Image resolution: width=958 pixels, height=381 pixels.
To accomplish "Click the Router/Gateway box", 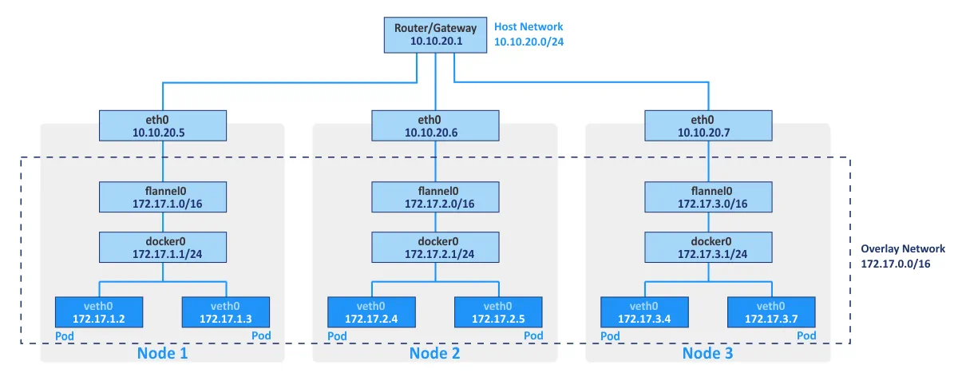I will point(435,34).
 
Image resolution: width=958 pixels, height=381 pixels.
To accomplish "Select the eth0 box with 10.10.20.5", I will point(163,125).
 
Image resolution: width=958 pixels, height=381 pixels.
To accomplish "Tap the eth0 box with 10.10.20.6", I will point(435,125).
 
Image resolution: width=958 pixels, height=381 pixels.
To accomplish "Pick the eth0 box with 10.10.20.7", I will point(708,125).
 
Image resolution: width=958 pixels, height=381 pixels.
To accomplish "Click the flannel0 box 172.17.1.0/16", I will point(163,197).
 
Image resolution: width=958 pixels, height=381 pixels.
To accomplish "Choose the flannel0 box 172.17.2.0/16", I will point(435,197).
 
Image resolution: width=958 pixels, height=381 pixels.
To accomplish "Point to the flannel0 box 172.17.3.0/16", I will point(708,197).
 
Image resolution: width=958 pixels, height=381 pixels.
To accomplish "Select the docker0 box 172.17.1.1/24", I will point(163,248).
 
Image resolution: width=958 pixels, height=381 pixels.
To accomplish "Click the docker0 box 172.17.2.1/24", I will point(435,248).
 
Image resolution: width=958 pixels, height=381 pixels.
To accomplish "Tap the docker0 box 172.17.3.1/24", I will point(708,248).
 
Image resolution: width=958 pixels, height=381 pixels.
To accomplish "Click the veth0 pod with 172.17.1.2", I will point(98,312).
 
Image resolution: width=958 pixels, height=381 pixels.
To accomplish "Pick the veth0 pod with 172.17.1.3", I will point(226,312).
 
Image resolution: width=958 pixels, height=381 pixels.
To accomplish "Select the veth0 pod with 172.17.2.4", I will point(371,312).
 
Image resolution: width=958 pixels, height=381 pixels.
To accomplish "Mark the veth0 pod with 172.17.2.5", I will point(498,312).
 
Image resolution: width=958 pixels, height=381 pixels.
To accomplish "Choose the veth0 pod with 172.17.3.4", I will point(644,312).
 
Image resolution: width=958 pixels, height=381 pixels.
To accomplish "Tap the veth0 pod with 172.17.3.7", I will point(771,312).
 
